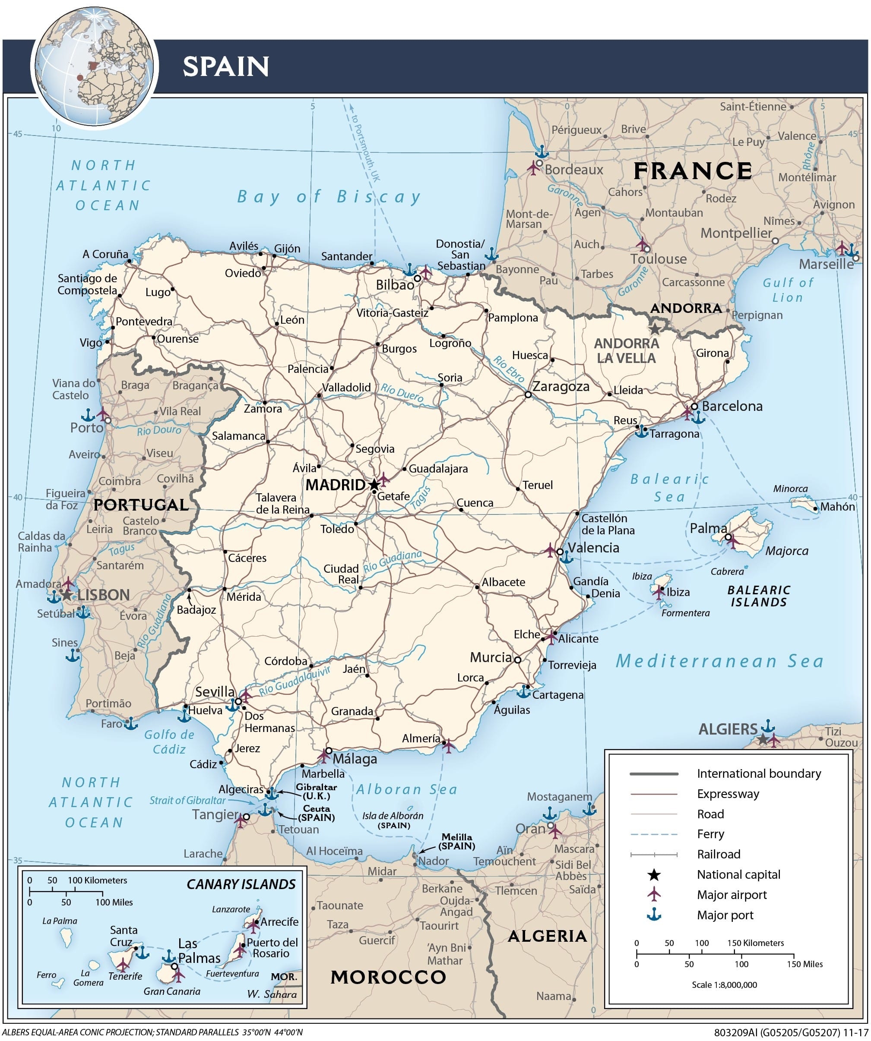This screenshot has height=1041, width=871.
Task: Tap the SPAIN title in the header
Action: pos(226,66)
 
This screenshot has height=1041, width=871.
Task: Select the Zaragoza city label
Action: pos(561,387)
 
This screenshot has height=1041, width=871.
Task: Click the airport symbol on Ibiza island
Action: pos(659,592)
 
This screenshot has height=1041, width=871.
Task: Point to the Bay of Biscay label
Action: pos(329,197)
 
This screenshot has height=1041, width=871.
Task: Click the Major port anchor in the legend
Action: pos(654,915)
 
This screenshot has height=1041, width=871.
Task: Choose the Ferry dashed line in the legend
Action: pos(654,834)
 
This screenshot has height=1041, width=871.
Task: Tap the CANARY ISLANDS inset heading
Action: pos(241,884)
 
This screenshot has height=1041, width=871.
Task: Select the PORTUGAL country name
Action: pos(141,505)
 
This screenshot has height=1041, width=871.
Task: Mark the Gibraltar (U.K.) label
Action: pos(316,791)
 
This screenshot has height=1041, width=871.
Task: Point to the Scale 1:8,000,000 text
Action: pos(724,984)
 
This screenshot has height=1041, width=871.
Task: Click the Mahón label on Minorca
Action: pos(837,507)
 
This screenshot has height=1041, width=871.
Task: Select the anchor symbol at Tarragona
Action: pos(641,431)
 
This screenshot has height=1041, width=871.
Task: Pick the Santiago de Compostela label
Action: pos(87,284)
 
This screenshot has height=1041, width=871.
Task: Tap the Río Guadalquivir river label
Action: pos(294,681)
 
